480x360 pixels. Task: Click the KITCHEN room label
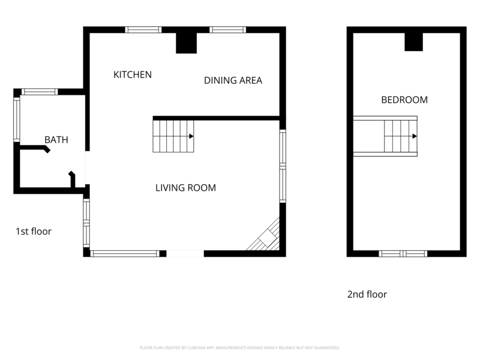133,75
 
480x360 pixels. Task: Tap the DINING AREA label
233,80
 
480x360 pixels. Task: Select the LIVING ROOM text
185,188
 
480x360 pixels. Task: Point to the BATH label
56,140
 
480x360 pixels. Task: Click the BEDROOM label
404,100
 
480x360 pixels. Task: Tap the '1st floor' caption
34,231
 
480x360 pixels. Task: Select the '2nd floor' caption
367,295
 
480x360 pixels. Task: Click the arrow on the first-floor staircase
191,136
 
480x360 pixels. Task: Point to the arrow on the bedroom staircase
414,136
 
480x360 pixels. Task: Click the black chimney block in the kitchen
186,43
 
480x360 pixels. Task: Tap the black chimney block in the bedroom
413,41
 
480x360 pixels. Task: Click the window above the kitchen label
143,29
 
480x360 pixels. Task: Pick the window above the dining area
228,29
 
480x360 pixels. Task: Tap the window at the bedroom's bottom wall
403,254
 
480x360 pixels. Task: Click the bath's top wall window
40,92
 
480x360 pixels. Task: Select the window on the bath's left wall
17,120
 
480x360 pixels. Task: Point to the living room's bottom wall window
125,254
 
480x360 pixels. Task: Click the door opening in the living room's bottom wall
185,254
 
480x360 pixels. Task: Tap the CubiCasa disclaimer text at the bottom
240,347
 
